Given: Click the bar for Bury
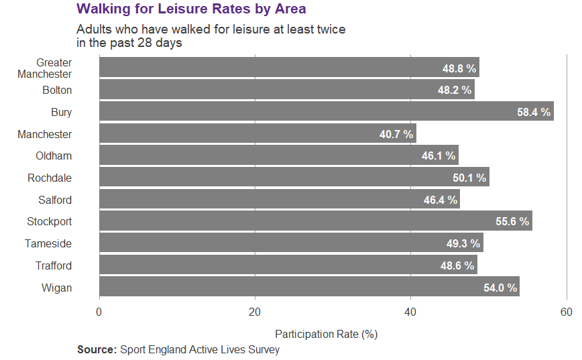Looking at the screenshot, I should pyautogui.click(x=326, y=112).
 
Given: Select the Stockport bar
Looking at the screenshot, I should pyautogui.click(x=315, y=221).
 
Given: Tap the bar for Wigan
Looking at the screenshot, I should pyautogui.click(x=309, y=288).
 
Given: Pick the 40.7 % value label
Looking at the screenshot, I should pyautogui.click(x=396, y=134).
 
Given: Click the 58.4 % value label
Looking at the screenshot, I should pyautogui.click(x=534, y=112).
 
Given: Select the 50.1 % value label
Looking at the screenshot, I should pyautogui.click(x=469, y=178).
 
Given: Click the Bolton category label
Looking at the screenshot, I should pyautogui.click(x=57, y=91).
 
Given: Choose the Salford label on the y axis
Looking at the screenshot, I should pyautogui.click(x=55, y=200).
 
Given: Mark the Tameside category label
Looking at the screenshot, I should pyautogui.click(x=48, y=244).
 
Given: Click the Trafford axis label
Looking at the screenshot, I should pyautogui.click(x=54, y=265).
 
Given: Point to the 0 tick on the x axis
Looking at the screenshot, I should pyautogui.click(x=99, y=312).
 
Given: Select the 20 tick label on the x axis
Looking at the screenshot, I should pyautogui.click(x=255, y=312).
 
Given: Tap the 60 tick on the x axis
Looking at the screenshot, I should pyautogui.click(x=567, y=312).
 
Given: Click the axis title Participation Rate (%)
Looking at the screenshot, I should pyautogui.click(x=327, y=333).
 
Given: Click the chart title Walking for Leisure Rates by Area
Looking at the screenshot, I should pyautogui.click(x=191, y=9).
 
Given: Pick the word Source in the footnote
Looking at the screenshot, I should pyautogui.click(x=97, y=349).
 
